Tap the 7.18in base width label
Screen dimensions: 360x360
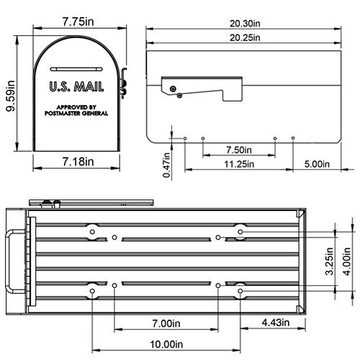pos(77,162)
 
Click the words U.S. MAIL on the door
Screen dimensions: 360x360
pos(76,87)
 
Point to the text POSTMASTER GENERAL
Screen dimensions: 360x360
pos(76,113)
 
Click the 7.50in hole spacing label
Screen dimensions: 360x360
pos(239,150)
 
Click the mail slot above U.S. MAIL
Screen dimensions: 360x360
pos(76,71)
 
